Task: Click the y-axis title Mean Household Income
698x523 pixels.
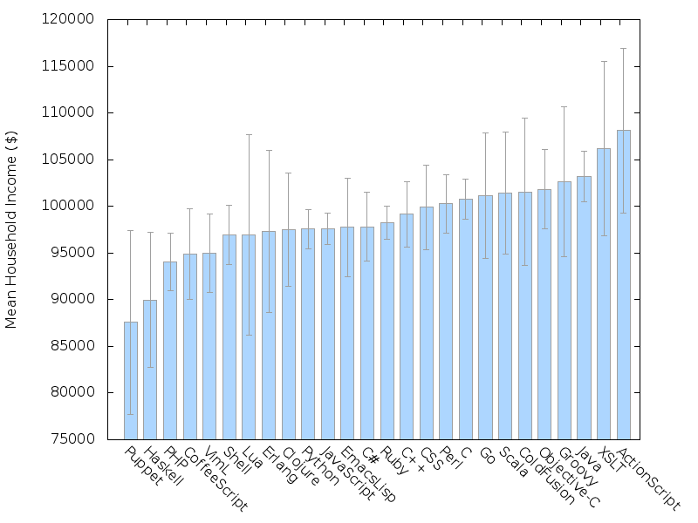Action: point(11,229)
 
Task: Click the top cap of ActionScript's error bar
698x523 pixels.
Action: point(624,49)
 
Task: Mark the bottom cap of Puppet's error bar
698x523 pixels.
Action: point(130,414)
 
